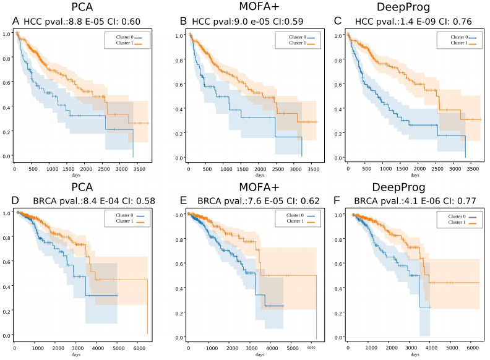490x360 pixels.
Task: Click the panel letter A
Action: click(15, 22)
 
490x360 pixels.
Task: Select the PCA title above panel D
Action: click(82, 187)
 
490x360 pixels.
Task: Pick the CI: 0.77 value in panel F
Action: click(460, 201)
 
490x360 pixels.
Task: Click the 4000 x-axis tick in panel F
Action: click(429, 347)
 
